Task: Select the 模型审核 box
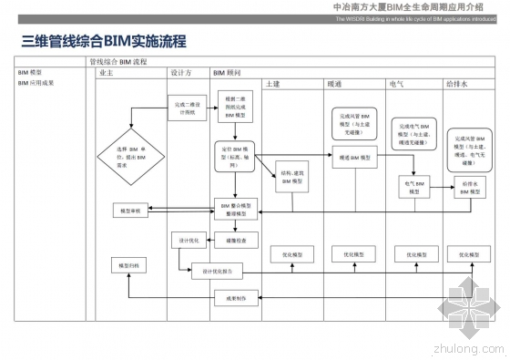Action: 127,211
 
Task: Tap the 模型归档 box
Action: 127,265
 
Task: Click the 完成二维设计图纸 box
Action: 185,107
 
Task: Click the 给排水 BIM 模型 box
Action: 471,187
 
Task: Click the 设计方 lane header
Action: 179,72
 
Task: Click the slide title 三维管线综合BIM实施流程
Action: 103,41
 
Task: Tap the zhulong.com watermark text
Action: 469,346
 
